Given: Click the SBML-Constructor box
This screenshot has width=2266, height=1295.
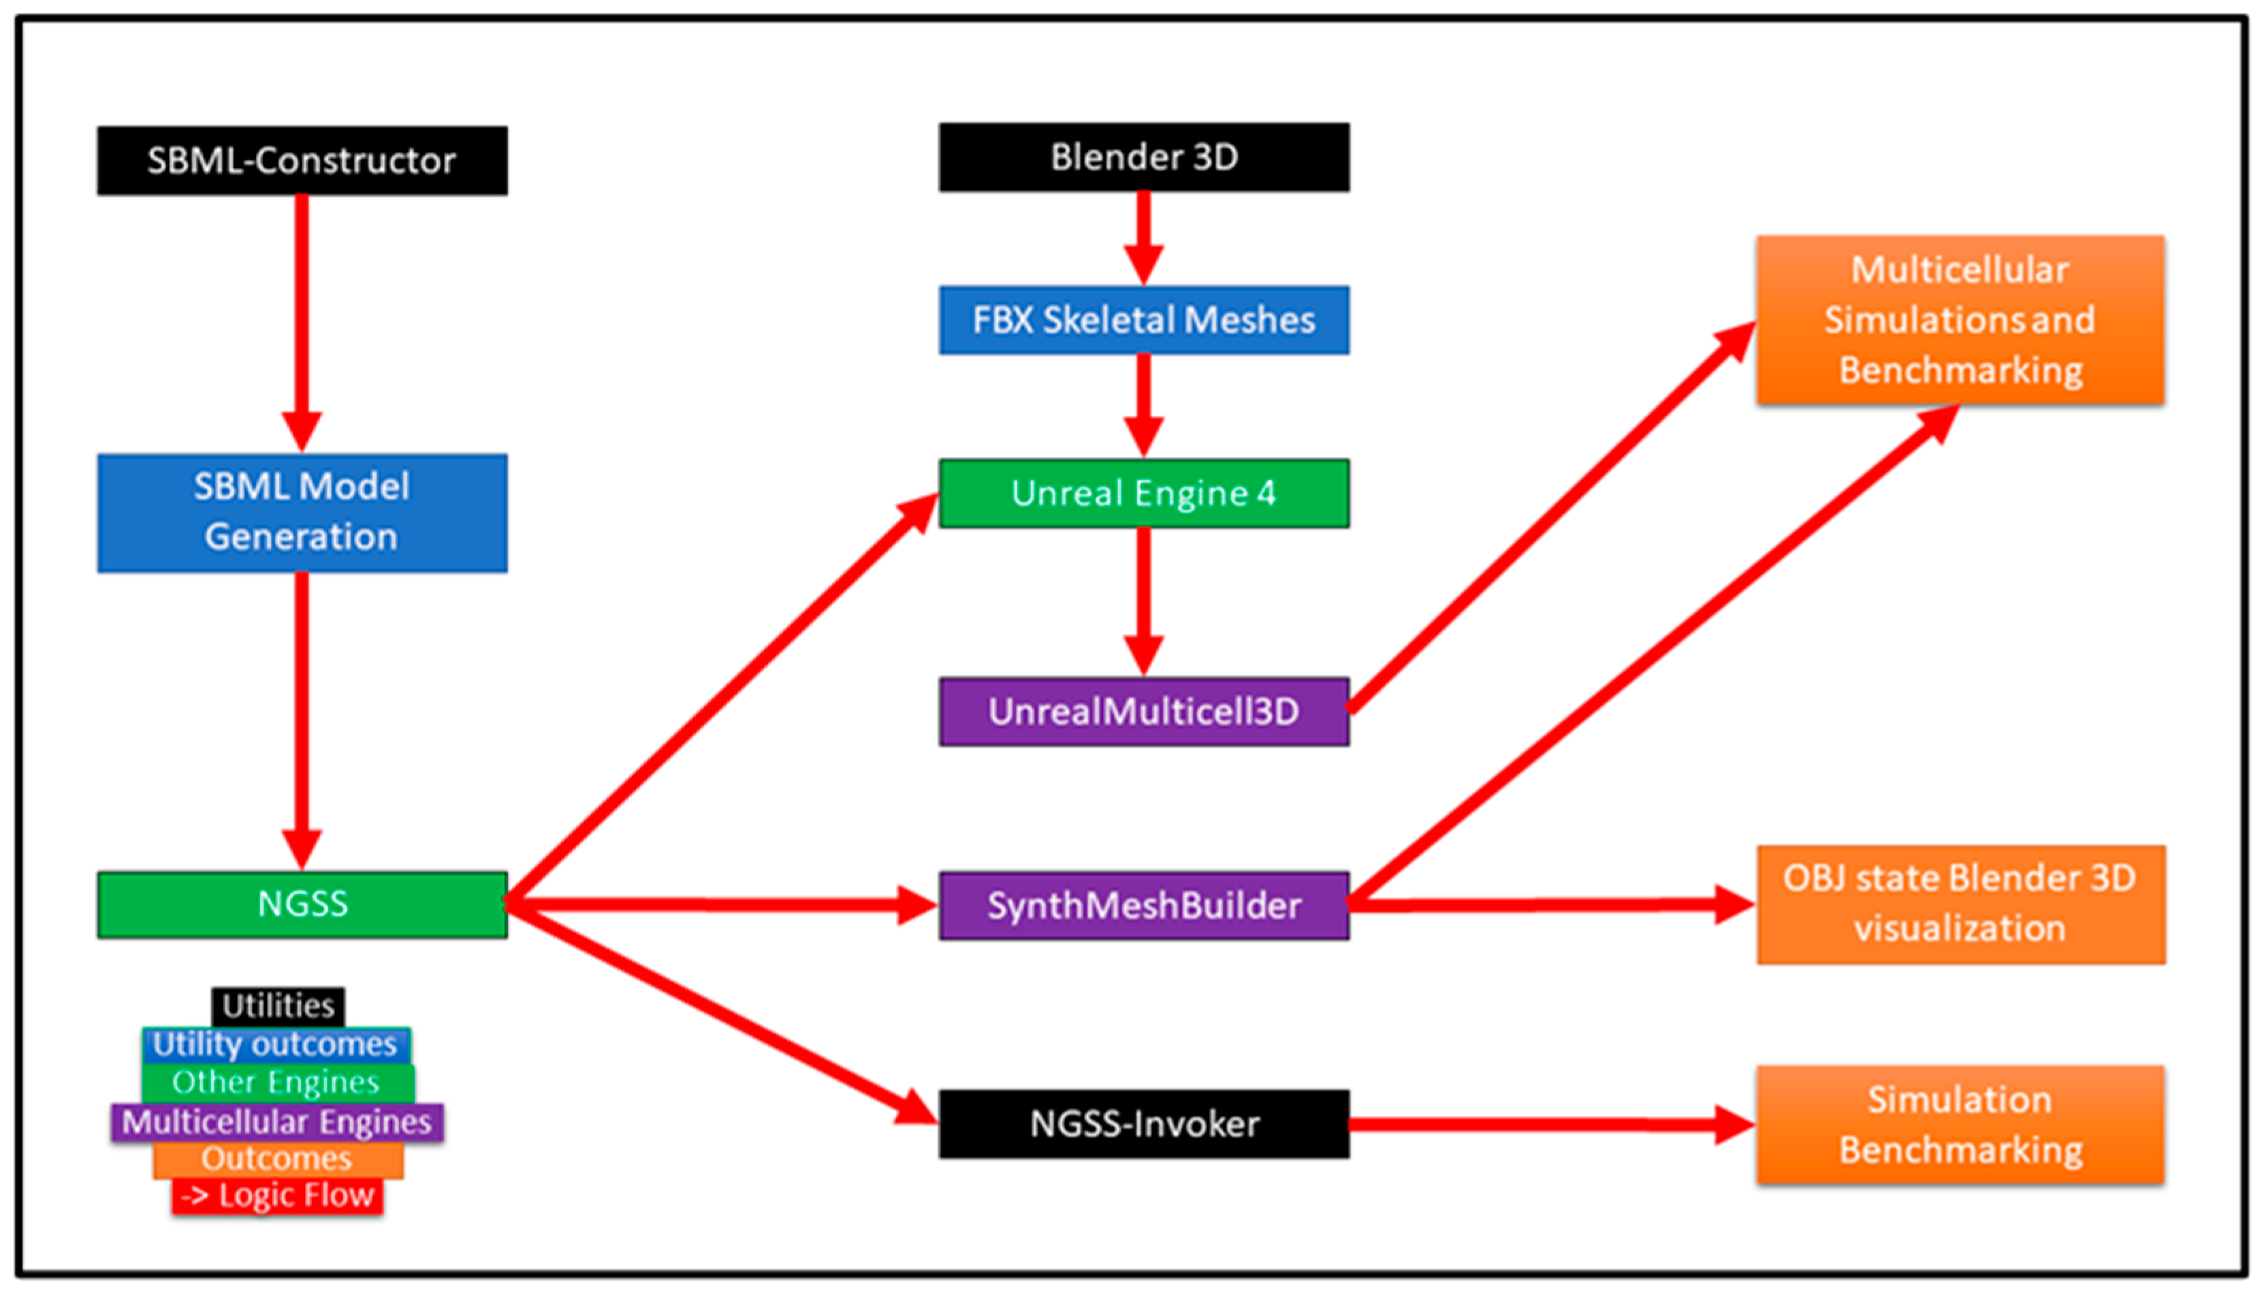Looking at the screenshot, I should coord(302,161).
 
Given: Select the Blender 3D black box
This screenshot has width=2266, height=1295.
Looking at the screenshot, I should coord(1144,157).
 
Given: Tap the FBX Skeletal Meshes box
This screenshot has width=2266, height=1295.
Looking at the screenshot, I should coord(1144,320).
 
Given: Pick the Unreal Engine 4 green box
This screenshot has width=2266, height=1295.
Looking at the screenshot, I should coord(1144,494).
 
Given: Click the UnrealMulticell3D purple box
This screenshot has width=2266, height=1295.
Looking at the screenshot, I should coord(1144,712).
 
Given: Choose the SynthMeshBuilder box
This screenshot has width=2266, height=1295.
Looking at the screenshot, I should coord(1144,906).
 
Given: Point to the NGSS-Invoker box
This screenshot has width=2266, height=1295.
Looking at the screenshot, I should coord(1144,1124).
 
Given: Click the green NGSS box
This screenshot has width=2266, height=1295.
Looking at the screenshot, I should coord(302,905).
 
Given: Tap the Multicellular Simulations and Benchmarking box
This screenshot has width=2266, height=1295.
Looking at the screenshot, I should coord(1960,320).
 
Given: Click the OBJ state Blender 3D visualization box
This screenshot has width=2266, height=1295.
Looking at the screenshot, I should coord(1960,905).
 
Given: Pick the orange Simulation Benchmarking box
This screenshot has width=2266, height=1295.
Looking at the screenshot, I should coord(1960,1125).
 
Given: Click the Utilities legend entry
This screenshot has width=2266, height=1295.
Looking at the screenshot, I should coord(278,1006).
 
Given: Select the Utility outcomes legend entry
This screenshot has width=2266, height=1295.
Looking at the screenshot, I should coord(276,1044).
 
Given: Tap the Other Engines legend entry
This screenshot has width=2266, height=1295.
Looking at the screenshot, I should coord(276,1083).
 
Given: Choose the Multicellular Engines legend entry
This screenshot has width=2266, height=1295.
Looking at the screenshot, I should coord(276,1121).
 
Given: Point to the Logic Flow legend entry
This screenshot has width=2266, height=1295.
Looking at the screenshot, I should coord(278,1196).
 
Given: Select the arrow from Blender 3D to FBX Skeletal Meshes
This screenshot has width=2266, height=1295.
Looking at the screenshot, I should coord(1144,236).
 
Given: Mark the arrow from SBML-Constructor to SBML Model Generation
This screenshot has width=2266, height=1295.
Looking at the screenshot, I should coord(302,320).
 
